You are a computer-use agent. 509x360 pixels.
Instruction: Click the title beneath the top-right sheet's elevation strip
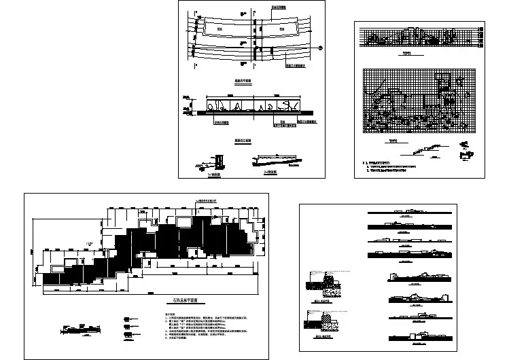pyautogui.click(x=407, y=52)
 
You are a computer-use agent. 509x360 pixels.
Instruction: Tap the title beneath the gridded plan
pyautogui.click(x=392, y=141)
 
